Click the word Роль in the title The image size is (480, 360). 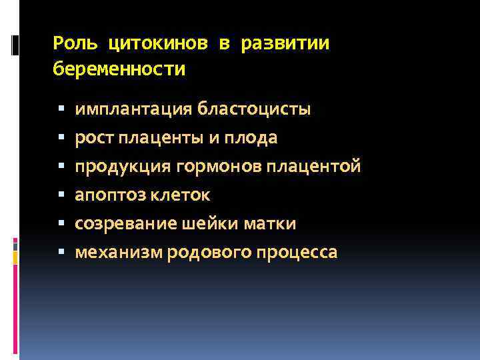pyautogui.click(x=75, y=44)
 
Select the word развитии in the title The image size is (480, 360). pyautogui.click(x=285, y=44)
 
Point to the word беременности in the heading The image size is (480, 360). pyautogui.click(x=119, y=69)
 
